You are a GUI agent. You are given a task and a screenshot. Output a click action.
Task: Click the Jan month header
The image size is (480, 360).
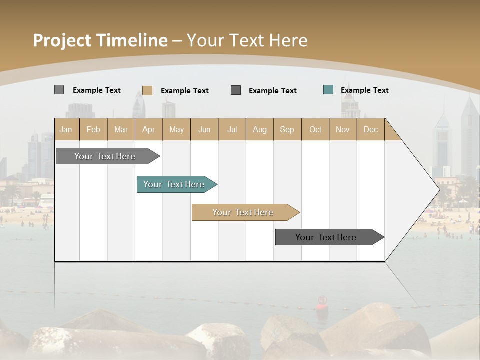(66, 129)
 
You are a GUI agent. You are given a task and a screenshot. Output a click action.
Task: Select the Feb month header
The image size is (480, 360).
(93, 129)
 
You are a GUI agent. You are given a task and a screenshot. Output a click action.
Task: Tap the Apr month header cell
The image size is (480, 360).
(149, 129)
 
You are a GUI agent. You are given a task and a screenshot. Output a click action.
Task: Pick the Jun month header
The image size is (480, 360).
(204, 129)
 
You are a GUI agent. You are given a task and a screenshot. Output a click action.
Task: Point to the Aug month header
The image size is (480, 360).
(260, 129)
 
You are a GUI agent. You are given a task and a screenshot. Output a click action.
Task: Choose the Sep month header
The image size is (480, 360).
(287, 129)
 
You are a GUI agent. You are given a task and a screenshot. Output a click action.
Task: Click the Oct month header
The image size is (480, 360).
(315, 129)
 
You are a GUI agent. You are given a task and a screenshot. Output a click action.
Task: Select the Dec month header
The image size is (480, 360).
(371, 129)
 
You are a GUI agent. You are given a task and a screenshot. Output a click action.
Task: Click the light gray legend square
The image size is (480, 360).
(59, 90)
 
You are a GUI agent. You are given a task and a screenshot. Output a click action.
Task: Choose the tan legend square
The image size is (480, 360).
(147, 90)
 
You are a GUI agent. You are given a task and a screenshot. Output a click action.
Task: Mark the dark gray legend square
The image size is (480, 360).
(236, 90)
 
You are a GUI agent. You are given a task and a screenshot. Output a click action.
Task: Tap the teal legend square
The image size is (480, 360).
(328, 90)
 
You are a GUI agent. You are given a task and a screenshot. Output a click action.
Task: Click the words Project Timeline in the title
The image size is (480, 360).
(100, 40)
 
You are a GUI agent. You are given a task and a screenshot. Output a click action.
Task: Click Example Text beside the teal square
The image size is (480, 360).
(364, 90)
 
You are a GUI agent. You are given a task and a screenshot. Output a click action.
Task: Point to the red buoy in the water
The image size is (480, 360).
(322, 301)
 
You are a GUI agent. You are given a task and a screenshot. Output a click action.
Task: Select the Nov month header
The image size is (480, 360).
(343, 129)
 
